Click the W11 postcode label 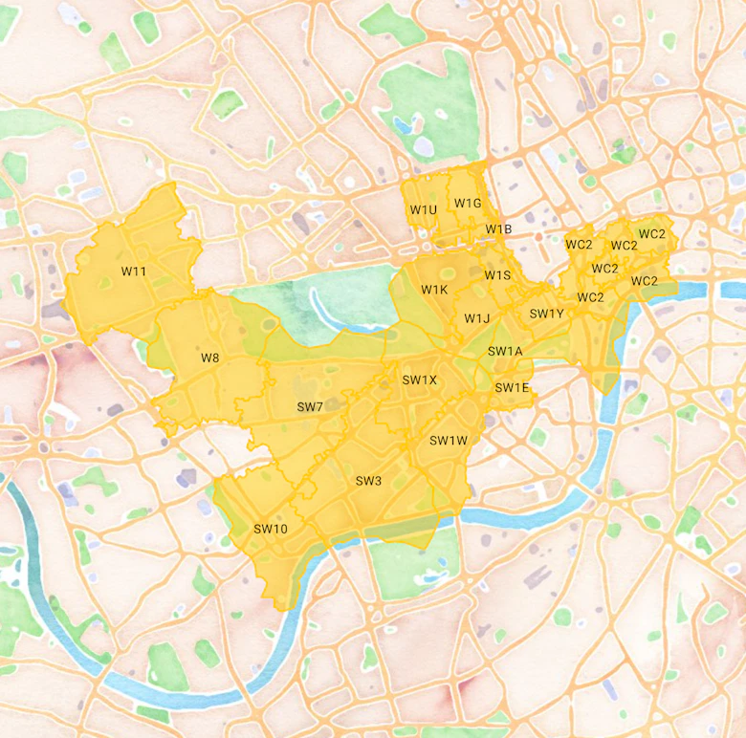[x=134, y=271]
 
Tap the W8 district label [x=209, y=358]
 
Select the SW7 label [x=310, y=406]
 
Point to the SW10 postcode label [x=271, y=529]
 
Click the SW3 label [x=368, y=480]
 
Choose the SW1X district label [x=419, y=380]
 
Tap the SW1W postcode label [x=448, y=441]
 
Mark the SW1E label [x=512, y=387]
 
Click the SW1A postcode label [x=505, y=351]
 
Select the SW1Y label [x=547, y=314]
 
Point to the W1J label [x=477, y=318]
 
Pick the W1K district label [x=434, y=290]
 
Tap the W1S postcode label [x=497, y=275]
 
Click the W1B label [x=498, y=229]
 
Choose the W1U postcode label [x=423, y=209]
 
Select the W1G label [x=468, y=203]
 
